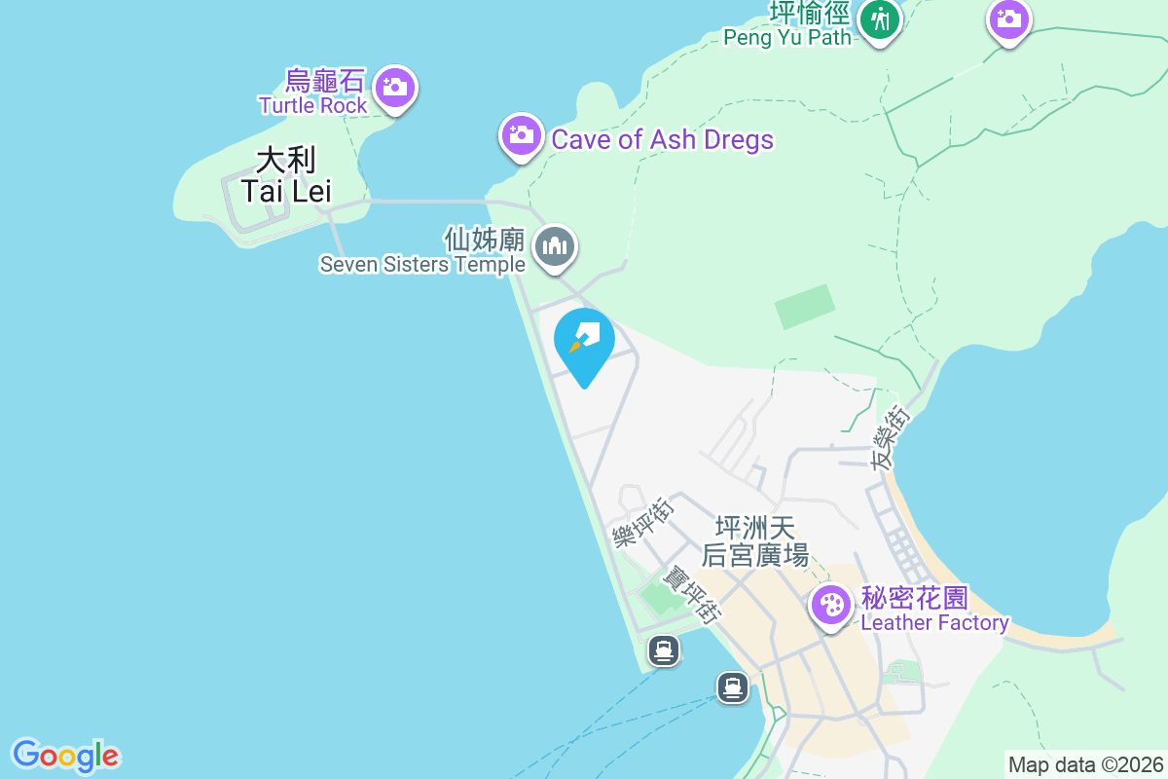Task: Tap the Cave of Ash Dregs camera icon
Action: point(522,135)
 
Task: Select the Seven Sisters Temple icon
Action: point(555,245)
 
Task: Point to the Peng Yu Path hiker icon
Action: point(881,19)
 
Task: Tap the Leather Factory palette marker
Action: point(830,606)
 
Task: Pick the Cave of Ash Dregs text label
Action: point(662,139)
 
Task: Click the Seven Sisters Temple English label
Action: point(422,265)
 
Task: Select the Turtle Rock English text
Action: point(312,105)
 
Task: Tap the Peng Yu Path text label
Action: point(786,37)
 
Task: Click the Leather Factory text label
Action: point(934,622)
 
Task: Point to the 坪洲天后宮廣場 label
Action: point(755,542)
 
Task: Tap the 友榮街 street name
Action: point(891,440)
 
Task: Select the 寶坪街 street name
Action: point(691,594)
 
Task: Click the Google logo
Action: point(65,756)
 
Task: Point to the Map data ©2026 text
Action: point(1085,764)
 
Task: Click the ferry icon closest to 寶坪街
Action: point(665,649)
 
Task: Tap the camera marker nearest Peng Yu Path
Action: point(1009,19)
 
